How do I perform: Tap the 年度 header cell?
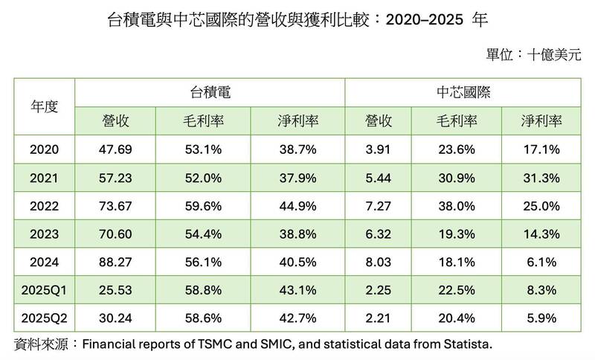click(x=44, y=106)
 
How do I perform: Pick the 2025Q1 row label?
click(x=44, y=291)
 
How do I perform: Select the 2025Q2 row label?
click(x=44, y=319)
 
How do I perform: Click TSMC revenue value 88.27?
click(x=116, y=263)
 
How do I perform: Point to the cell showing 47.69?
click(x=116, y=150)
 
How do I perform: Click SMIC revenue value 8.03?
click(x=379, y=263)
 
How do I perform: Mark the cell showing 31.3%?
click(x=541, y=178)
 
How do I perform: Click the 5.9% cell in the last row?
click(x=541, y=319)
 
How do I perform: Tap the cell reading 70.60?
click(x=116, y=234)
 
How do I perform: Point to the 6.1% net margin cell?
click(x=541, y=263)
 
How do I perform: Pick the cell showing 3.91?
click(x=379, y=150)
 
